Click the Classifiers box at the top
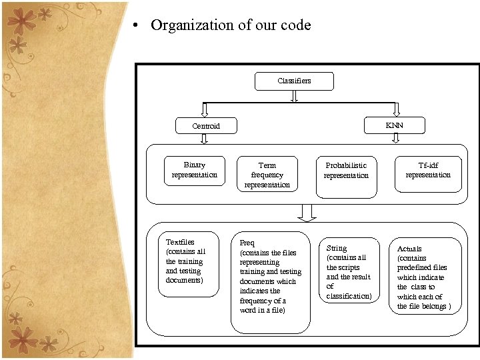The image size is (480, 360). (294, 81)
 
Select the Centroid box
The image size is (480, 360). (205, 125)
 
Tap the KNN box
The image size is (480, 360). (394, 125)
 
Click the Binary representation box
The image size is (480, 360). (195, 170)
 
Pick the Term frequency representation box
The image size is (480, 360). (267, 175)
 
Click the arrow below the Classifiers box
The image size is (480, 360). (294, 97)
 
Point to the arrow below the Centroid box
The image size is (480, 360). (205, 139)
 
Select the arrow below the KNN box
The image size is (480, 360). (395, 138)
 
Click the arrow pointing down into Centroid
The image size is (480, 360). (205, 110)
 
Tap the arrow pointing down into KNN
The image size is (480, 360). (395, 109)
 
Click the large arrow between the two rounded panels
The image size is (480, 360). (307, 213)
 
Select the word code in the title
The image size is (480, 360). (295, 25)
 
